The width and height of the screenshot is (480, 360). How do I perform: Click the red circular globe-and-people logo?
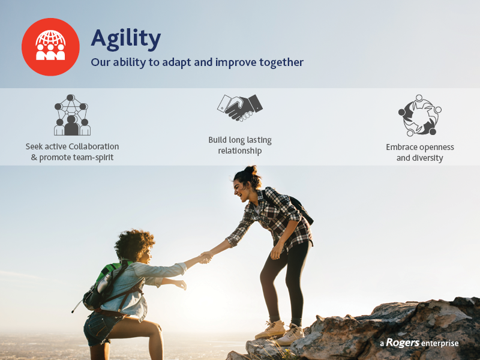tap(50, 47)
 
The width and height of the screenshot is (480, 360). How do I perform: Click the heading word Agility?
tap(126, 39)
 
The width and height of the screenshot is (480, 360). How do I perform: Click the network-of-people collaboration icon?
tap(72, 115)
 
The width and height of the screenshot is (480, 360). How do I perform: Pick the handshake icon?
tap(240, 108)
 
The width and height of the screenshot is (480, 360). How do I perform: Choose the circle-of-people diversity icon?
tap(419, 115)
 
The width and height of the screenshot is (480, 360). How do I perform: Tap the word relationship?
tap(239, 151)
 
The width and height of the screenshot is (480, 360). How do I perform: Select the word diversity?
tap(428, 158)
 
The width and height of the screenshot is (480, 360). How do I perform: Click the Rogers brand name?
tap(403, 343)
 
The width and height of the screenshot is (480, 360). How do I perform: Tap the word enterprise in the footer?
tap(440, 343)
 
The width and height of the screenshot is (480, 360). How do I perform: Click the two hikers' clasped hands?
tap(206, 257)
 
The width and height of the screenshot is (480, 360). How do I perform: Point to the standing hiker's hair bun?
tap(251, 170)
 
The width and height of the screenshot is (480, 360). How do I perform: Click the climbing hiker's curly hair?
tap(134, 245)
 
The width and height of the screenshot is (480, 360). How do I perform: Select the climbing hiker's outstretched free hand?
tap(180, 284)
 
